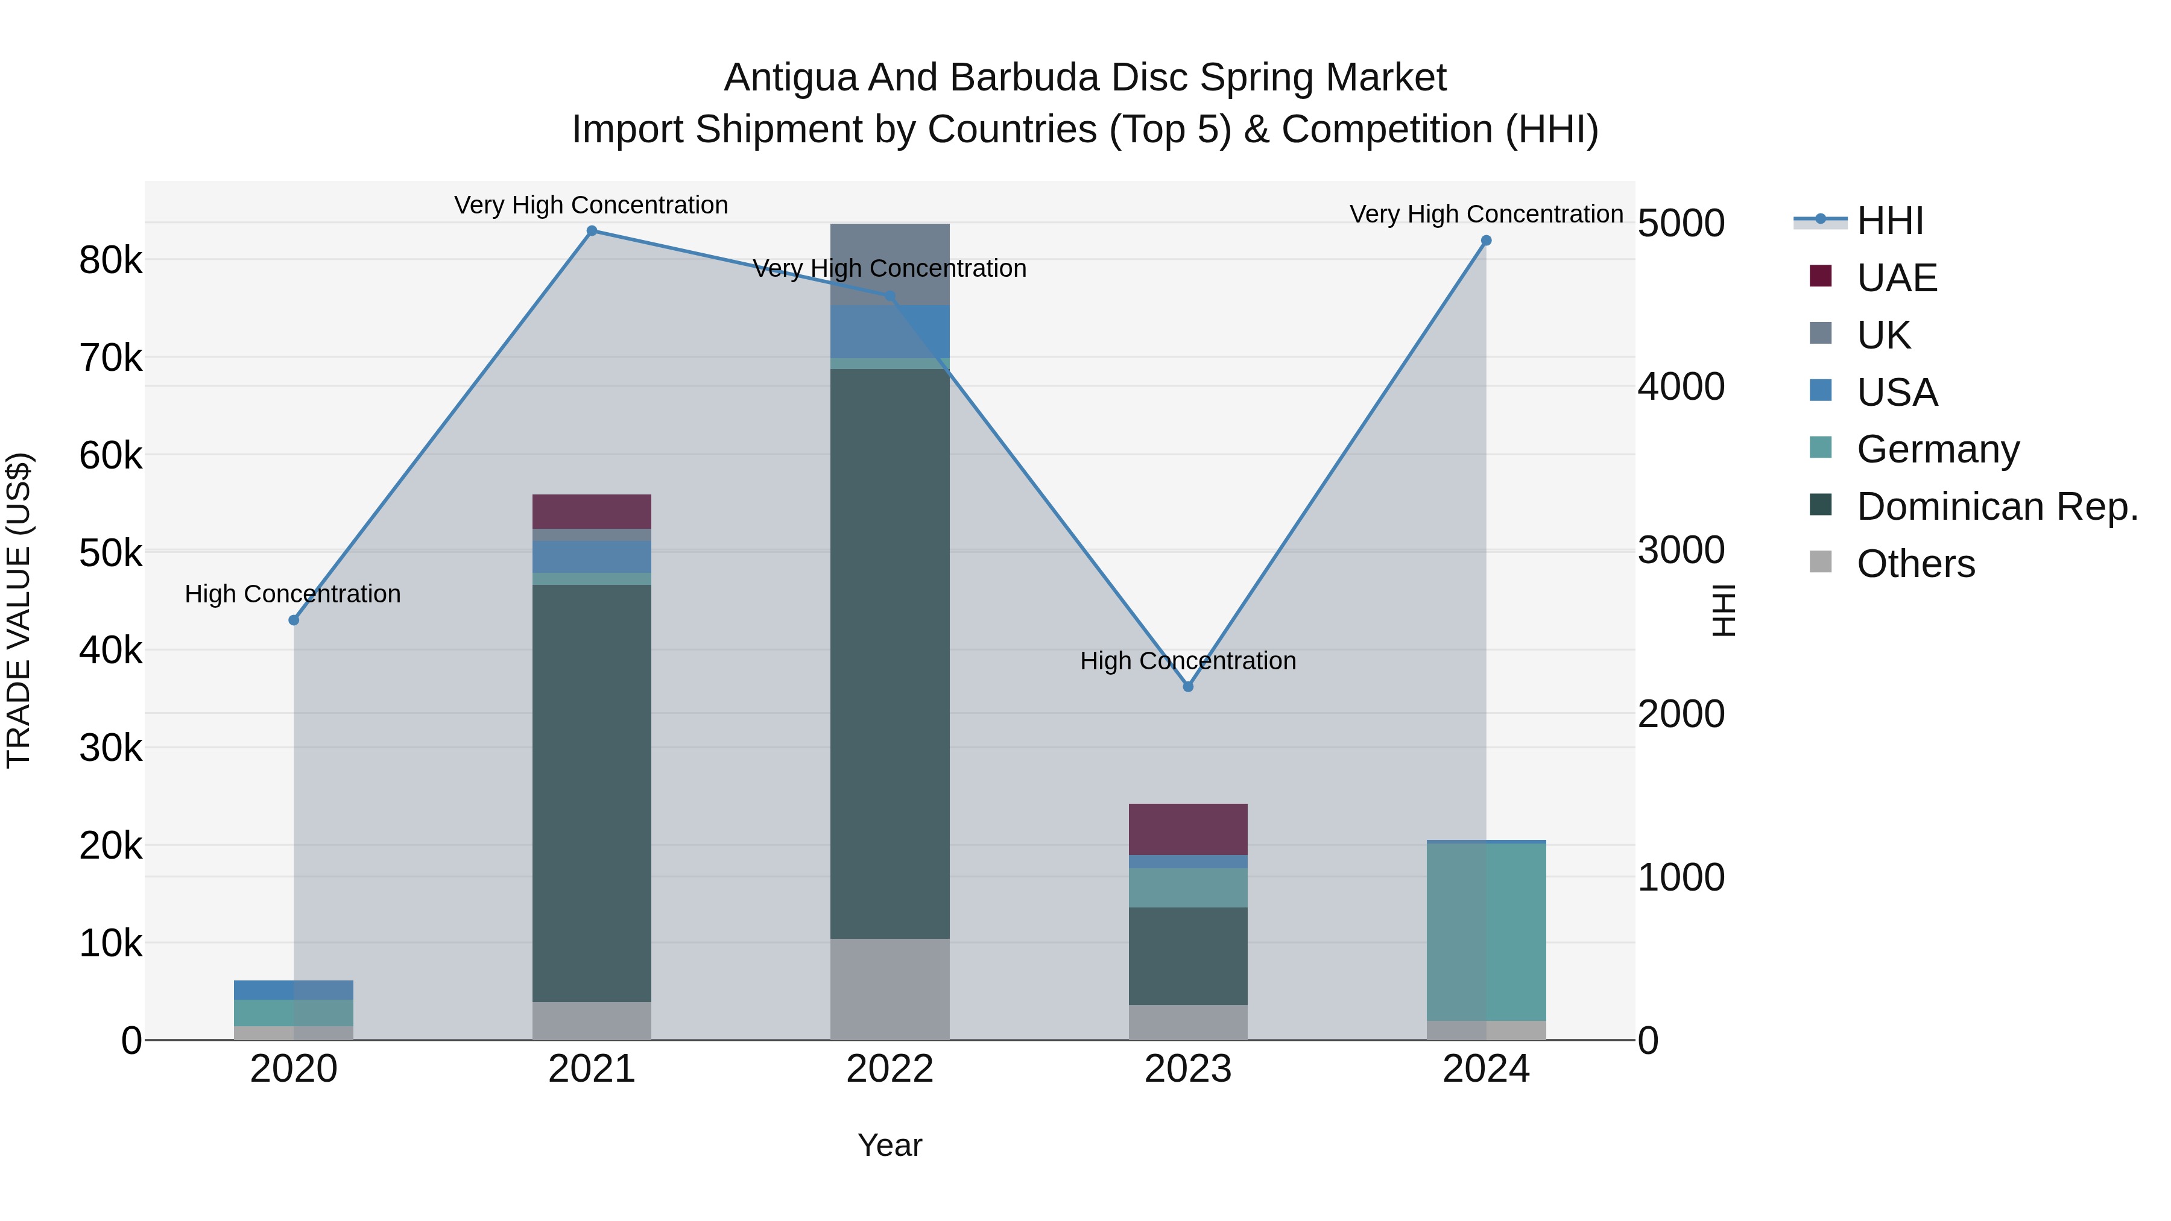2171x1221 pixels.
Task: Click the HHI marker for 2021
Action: [x=592, y=231]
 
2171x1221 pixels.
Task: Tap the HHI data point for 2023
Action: [x=1188, y=687]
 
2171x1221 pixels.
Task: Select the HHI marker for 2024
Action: [x=1486, y=241]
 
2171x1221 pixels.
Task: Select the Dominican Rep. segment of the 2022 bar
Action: [x=890, y=653]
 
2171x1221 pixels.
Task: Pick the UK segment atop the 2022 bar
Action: [x=890, y=263]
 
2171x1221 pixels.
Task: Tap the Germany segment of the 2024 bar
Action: [x=1486, y=931]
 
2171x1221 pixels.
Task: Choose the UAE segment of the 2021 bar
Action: [x=592, y=511]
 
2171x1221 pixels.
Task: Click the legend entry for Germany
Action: [x=1938, y=449]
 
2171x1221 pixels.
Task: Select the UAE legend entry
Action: [x=1896, y=278]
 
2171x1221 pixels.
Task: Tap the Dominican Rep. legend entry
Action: [x=1997, y=506]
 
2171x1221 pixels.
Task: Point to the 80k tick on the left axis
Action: [x=110, y=260]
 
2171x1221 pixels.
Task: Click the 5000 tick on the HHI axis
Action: [x=1681, y=224]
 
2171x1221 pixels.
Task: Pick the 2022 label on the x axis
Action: [x=890, y=1069]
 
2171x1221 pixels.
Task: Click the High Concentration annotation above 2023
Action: [x=1188, y=661]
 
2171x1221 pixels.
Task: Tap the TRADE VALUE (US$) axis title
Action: [x=19, y=610]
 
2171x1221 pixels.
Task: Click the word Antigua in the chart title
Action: [x=791, y=78]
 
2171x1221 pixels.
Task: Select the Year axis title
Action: [x=890, y=1145]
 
